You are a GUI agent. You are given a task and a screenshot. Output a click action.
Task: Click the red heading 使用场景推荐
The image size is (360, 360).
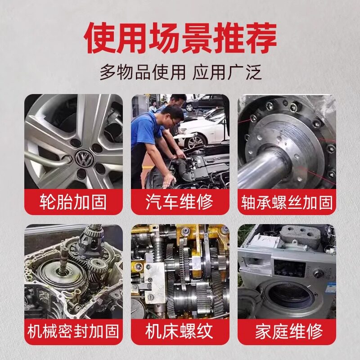[180, 38]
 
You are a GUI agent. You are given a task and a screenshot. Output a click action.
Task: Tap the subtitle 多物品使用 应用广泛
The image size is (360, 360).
[180, 72]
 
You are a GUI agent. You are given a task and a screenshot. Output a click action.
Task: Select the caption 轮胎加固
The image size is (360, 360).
[73, 202]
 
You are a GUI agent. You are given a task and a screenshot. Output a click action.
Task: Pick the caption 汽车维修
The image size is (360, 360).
[180, 202]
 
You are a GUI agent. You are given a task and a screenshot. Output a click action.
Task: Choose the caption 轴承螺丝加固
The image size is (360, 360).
[287, 202]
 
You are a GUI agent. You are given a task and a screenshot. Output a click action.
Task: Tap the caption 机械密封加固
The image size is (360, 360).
[73, 331]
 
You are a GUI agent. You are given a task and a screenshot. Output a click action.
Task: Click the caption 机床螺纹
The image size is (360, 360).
[180, 331]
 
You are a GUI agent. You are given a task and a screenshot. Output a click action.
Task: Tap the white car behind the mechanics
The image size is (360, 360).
[202, 133]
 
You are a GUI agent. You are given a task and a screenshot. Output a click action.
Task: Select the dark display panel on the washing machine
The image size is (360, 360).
[290, 268]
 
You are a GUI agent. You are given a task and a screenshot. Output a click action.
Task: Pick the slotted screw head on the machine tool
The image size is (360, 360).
[151, 297]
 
